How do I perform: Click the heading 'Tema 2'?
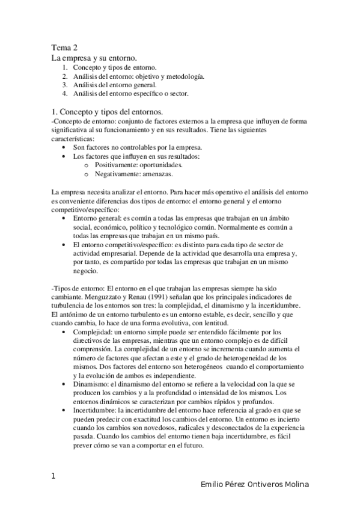[x=64, y=48]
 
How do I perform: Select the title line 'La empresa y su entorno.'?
[x=94, y=58]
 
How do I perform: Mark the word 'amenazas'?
[x=154, y=173]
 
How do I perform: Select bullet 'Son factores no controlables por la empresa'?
[x=137, y=147]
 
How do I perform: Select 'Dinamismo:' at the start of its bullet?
[x=90, y=384]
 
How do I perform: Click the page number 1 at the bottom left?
[x=53, y=476]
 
